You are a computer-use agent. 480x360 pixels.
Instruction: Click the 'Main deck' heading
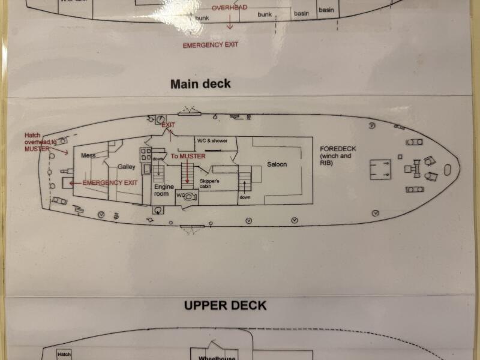200,84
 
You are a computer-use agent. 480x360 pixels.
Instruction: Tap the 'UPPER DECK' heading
225,305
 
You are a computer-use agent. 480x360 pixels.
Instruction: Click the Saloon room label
277,164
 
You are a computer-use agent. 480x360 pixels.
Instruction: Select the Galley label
127,167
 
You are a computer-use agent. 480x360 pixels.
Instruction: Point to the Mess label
88,155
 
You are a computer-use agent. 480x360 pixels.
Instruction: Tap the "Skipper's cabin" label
209,183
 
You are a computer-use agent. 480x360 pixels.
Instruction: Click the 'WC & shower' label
212,140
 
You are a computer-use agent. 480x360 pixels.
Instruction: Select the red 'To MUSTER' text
188,156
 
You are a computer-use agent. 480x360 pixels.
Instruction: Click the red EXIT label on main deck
168,125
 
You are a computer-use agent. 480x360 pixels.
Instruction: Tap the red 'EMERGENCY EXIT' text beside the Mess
110,182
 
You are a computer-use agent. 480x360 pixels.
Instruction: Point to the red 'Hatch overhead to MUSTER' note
41,142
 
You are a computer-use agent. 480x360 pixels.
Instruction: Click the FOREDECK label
336,155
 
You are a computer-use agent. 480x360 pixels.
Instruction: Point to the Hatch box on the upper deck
64,355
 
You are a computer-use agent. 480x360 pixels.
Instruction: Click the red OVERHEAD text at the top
229,8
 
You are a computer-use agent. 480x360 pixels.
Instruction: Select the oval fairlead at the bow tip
448,170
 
